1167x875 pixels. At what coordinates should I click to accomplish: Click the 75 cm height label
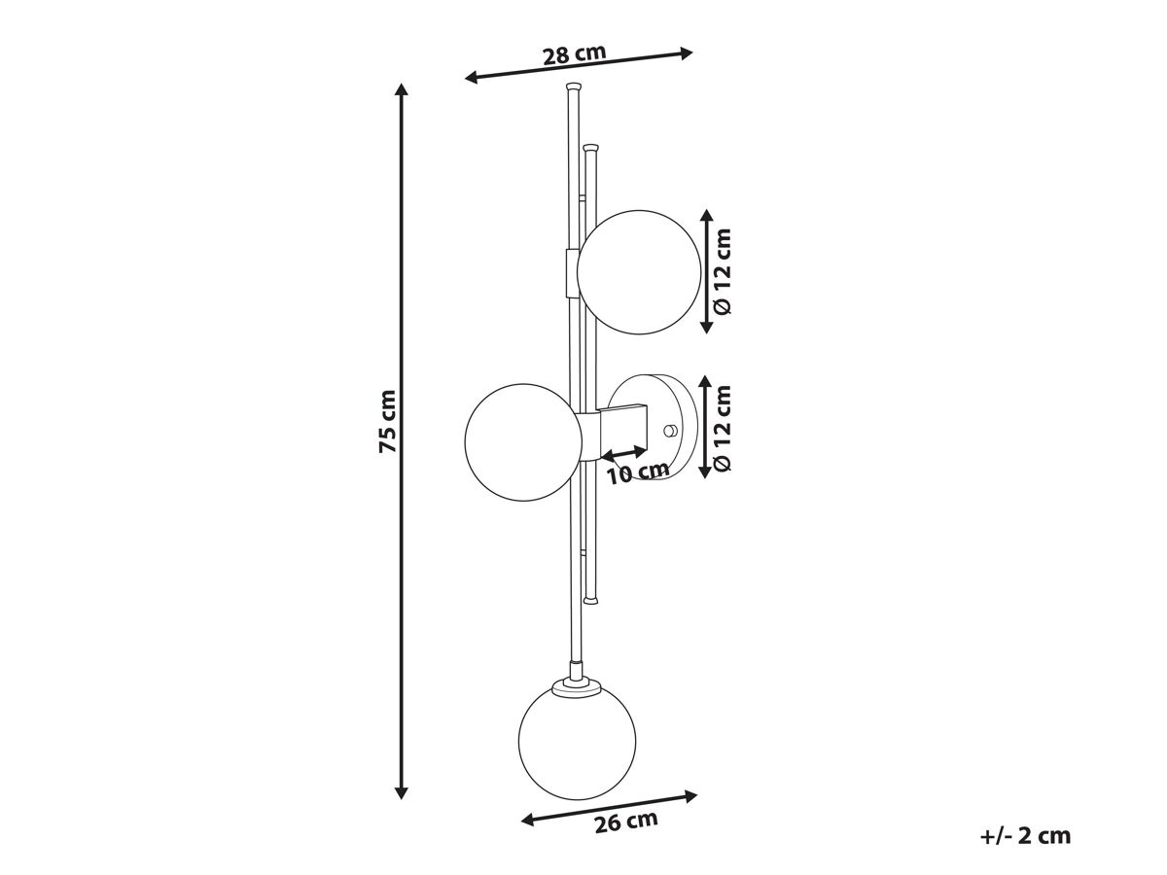click(388, 421)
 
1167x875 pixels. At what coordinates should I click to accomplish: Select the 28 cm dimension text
click(574, 54)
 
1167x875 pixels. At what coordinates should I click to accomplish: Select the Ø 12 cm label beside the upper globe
click(724, 271)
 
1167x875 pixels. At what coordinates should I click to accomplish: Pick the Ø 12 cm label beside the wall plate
click(724, 428)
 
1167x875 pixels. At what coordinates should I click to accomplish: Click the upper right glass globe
click(639, 272)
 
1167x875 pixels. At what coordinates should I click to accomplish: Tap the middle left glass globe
click(523, 442)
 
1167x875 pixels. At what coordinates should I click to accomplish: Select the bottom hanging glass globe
click(577, 740)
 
